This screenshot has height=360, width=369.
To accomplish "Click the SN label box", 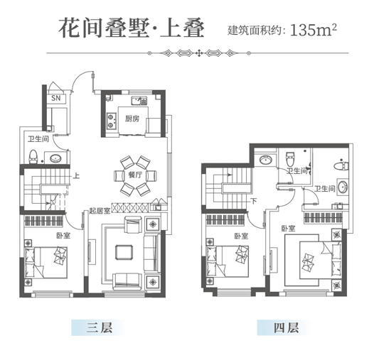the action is coord(56,98).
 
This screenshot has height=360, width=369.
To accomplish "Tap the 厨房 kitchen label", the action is coord(132,119).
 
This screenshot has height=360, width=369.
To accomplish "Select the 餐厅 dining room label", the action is coord(135,175).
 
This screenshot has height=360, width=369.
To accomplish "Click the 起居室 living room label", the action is coord(100,211).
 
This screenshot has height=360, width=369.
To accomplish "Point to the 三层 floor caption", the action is coord(100,328).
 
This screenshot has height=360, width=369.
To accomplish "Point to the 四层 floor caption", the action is coord(286,328).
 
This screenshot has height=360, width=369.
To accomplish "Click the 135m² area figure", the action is coord(314,31).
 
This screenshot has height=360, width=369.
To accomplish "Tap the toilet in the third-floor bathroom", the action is coord(33,156).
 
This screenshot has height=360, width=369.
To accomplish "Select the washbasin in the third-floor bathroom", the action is coord(55,158).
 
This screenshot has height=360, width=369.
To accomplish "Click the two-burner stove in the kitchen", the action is coord(111,121).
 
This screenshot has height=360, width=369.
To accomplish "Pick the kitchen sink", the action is coord(139,101).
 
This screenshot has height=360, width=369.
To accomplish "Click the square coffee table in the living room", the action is coord(124,252).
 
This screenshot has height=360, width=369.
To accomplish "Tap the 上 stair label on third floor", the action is coord(76,176).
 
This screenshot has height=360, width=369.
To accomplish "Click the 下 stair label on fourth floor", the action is coord(254,201).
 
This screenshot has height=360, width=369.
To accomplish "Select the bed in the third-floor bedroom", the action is coord(46,263).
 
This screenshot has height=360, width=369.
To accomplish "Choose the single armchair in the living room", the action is coord(134,224).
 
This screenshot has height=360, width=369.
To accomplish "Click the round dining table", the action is coord(135,175).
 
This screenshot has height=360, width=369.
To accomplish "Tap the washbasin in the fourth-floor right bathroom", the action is coord(342,187).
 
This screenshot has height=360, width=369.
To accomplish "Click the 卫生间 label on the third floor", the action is coord(38,138).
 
